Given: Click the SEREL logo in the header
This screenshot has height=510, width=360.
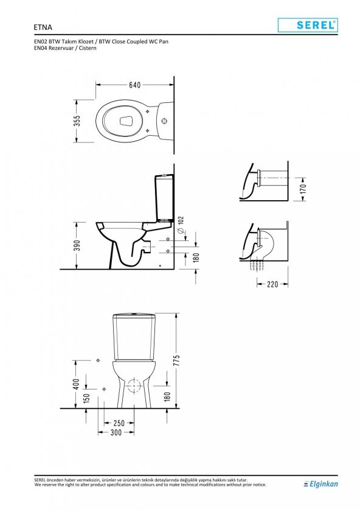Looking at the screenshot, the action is click(308, 25).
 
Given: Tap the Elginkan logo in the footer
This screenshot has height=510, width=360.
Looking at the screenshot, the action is click(320, 484).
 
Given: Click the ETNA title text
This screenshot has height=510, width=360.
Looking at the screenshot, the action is click(43, 27).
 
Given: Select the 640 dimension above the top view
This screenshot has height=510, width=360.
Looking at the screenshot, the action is click(135, 85).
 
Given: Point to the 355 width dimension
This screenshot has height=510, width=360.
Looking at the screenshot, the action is click(77, 121).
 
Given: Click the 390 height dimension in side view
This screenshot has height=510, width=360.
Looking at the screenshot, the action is click(77, 246).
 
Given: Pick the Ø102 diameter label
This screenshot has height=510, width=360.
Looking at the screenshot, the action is click(181, 225).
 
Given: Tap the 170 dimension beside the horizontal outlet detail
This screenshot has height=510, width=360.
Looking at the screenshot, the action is click(303, 188).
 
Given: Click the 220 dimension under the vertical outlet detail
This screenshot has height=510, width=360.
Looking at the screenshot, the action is click(272, 284).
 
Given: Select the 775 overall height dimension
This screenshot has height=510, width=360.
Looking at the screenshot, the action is click(176, 360).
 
